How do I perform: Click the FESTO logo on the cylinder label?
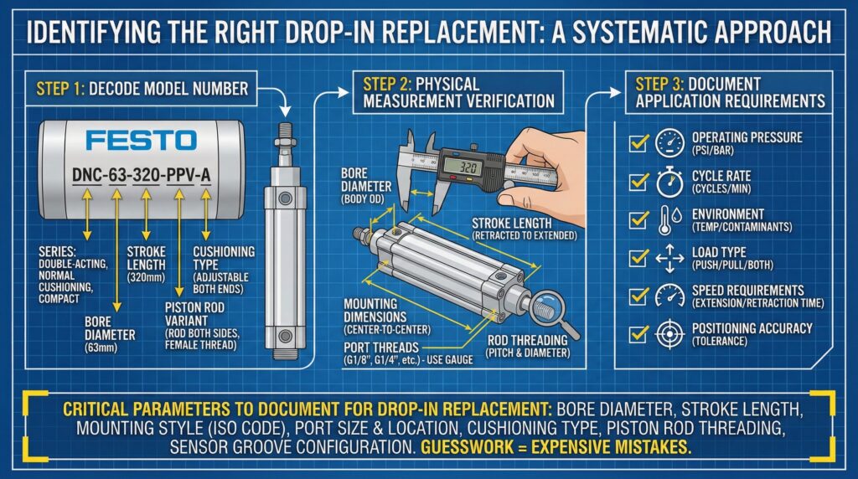coord(135,139)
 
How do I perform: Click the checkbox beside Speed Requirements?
coord(639,296)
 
